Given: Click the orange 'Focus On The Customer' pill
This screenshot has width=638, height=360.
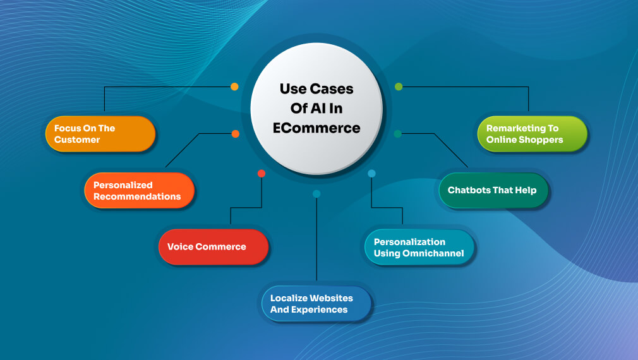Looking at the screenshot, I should [100, 134].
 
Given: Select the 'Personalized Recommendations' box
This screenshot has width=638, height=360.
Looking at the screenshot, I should [139, 190].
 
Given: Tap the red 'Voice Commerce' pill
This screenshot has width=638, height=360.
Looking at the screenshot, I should [213, 246].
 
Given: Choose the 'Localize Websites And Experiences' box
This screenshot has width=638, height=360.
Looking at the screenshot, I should [316, 304].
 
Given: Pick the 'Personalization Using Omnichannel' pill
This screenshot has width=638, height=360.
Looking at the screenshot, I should [419, 248].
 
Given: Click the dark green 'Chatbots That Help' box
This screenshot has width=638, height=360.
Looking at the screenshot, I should [493, 190].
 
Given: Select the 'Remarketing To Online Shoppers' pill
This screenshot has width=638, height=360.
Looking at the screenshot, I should [531, 134].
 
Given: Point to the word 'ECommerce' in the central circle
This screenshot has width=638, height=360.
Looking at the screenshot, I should [316, 128].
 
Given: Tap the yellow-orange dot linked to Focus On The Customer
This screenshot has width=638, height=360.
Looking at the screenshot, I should [234, 87].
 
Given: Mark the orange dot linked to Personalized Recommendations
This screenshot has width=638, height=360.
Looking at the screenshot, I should [235, 134].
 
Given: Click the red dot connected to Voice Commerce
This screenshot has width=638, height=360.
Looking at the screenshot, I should [262, 173].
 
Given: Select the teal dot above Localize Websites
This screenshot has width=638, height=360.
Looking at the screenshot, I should [316, 193].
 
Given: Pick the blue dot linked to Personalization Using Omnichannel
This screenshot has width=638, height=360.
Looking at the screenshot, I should [371, 173].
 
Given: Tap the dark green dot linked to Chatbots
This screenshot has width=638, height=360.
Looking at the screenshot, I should [398, 134].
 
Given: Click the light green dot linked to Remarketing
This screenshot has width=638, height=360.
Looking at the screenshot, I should [399, 87].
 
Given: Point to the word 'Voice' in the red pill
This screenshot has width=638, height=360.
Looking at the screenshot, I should [180, 246].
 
